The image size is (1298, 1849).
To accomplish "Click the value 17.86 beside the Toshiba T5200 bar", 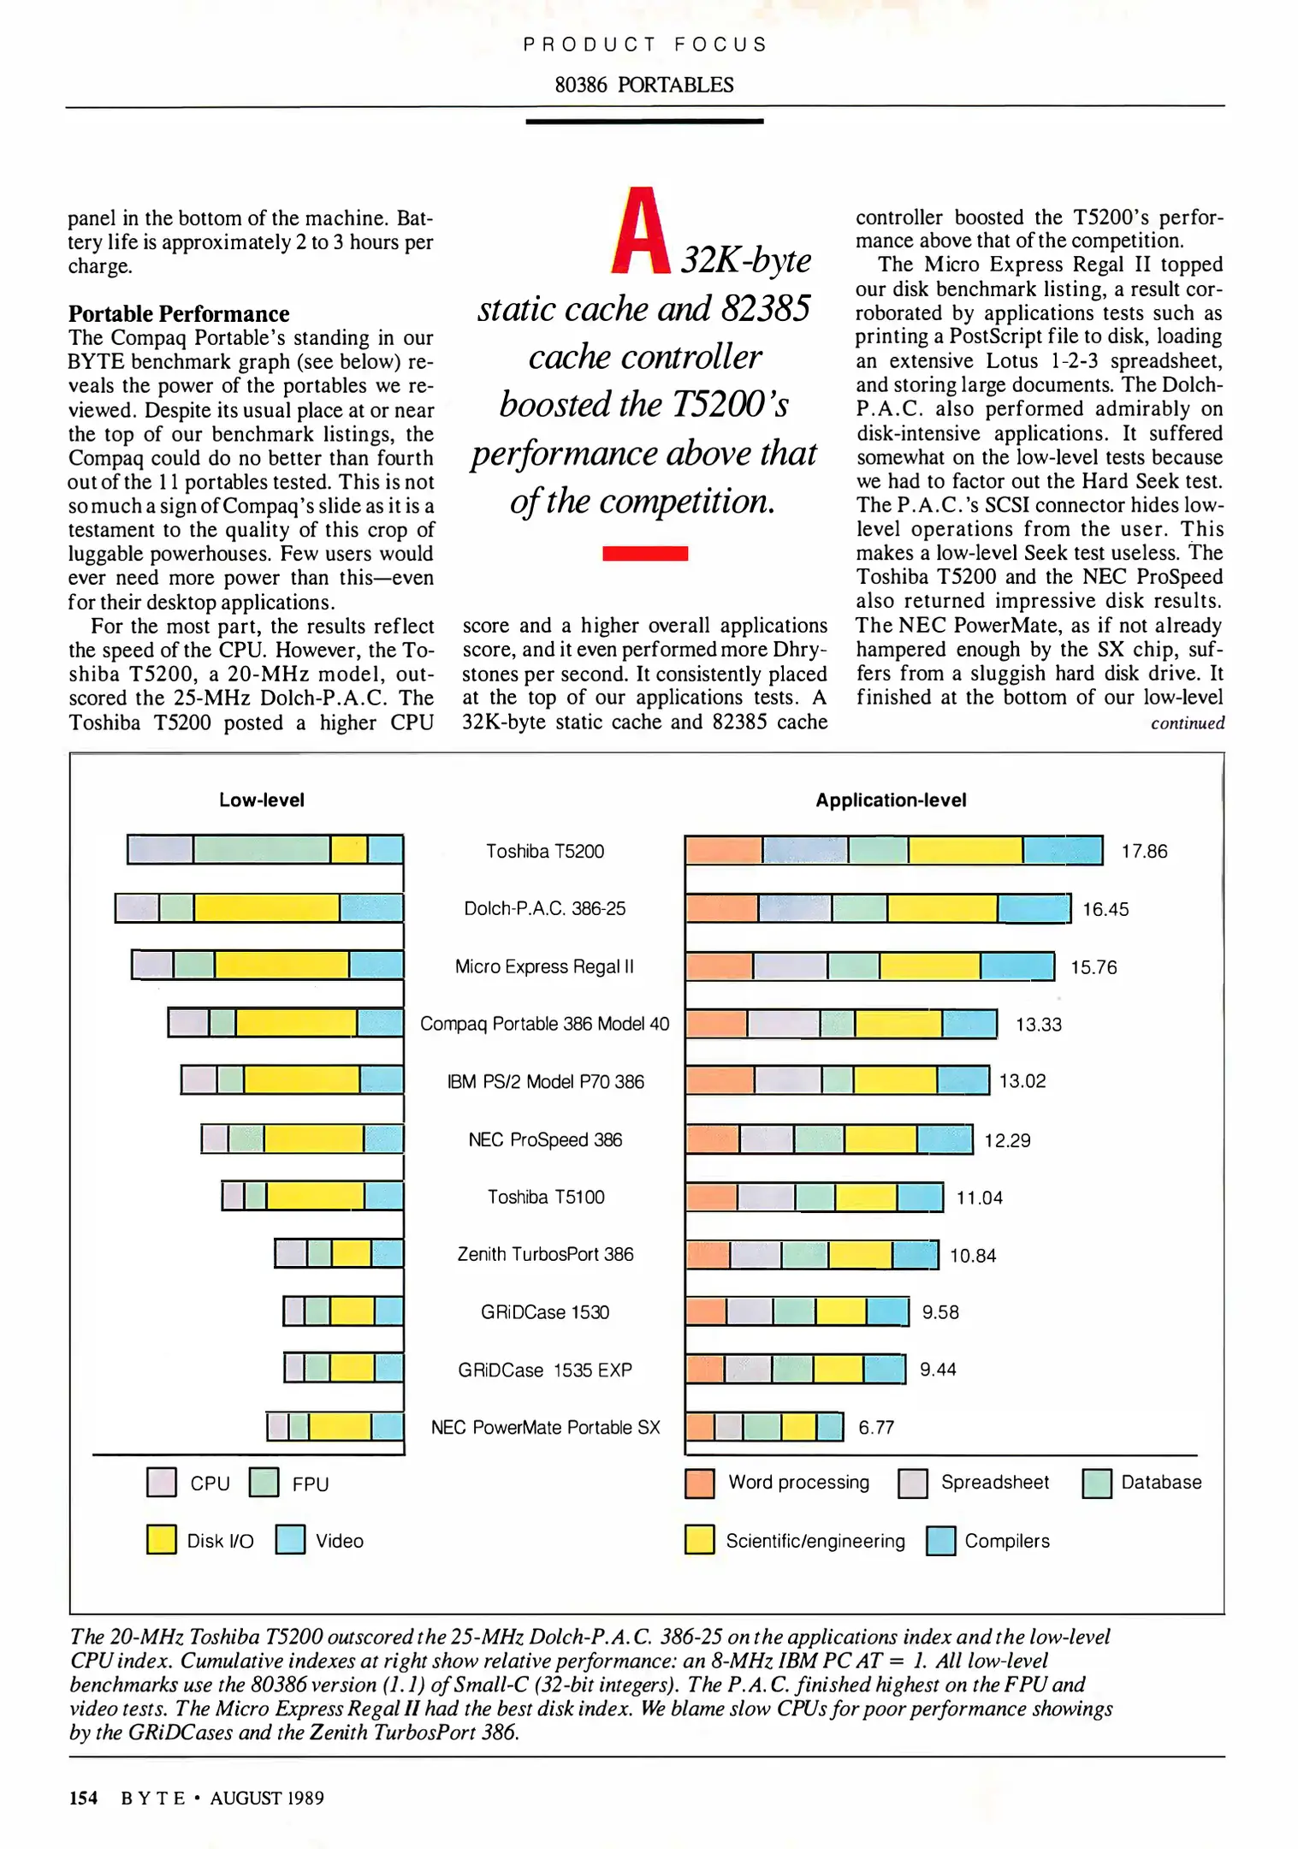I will pyautogui.click(x=1143, y=851).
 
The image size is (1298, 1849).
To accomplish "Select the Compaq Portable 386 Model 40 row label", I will pyautogui.click(x=544, y=1024).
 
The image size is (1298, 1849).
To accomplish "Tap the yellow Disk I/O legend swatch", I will pyautogui.click(x=161, y=1539).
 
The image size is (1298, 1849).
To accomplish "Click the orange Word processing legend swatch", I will pyautogui.click(x=699, y=1483).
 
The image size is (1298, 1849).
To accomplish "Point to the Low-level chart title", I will pyautogui.click(x=261, y=800).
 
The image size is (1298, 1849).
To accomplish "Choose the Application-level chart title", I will pyautogui.click(x=890, y=800).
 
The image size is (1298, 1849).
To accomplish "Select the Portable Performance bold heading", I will pyautogui.click(x=179, y=313).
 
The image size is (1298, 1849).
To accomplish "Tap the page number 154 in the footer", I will pyautogui.click(x=83, y=1798).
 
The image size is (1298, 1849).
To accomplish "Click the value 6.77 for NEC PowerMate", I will pyautogui.click(x=875, y=1427).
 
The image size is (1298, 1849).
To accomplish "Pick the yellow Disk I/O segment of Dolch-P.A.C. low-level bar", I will pyautogui.click(x=266, y=907).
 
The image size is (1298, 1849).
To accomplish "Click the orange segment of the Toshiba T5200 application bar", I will pyautogui.click(x=724, y=850).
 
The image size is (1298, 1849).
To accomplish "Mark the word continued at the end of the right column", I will pyautogui.click(x=1187, y=723).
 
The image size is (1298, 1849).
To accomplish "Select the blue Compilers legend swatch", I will pyautogui.click(x=940, y=1541).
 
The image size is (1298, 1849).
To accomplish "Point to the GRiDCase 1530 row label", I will pyautogui.click(x=544, y=1311).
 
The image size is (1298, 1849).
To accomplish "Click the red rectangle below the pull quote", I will pyautogui.click(x=644, y=553).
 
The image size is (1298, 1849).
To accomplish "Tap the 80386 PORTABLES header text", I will pyautogui.click(x=643, y=85).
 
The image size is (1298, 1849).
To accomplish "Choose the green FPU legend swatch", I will pyautogui.click(x=264, y=1483).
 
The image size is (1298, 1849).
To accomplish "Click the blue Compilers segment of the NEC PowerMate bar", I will pyautogui.click(x=829, y=1427).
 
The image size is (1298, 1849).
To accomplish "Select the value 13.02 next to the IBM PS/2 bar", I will pyautogui.click(x=1022, y=1080).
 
